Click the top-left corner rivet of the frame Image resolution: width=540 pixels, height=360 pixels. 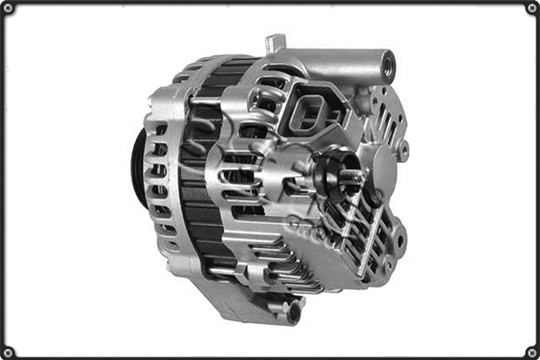[8, 8]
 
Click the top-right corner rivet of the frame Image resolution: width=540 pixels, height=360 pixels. [531, 8]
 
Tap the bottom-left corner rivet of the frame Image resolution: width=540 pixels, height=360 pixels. [8, 351]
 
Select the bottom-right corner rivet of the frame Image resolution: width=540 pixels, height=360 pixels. [531, 351]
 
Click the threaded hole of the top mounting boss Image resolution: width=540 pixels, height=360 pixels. [388, 64]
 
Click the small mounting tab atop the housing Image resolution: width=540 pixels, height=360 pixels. [275, 43]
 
